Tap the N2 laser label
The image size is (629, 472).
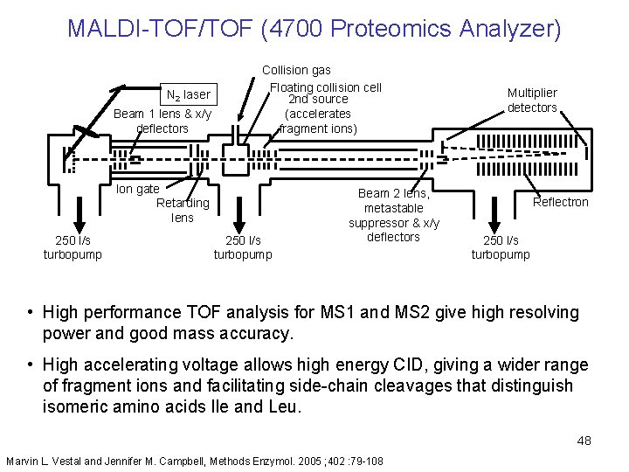[188, 94]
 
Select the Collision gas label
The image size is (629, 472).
[296, 70]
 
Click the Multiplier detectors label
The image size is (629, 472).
[532, 100]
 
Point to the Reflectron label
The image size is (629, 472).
[561, 202]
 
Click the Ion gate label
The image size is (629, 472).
[137, 189]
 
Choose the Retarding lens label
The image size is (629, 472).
[183, 210]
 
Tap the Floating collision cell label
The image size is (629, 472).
[325, 87]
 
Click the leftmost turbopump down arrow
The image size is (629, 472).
[78, 214]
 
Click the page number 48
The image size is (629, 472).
[584, 441]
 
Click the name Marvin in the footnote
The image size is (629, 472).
[24, 460]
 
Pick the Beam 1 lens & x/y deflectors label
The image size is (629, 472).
[162, 121]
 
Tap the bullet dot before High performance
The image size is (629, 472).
[30, 313]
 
